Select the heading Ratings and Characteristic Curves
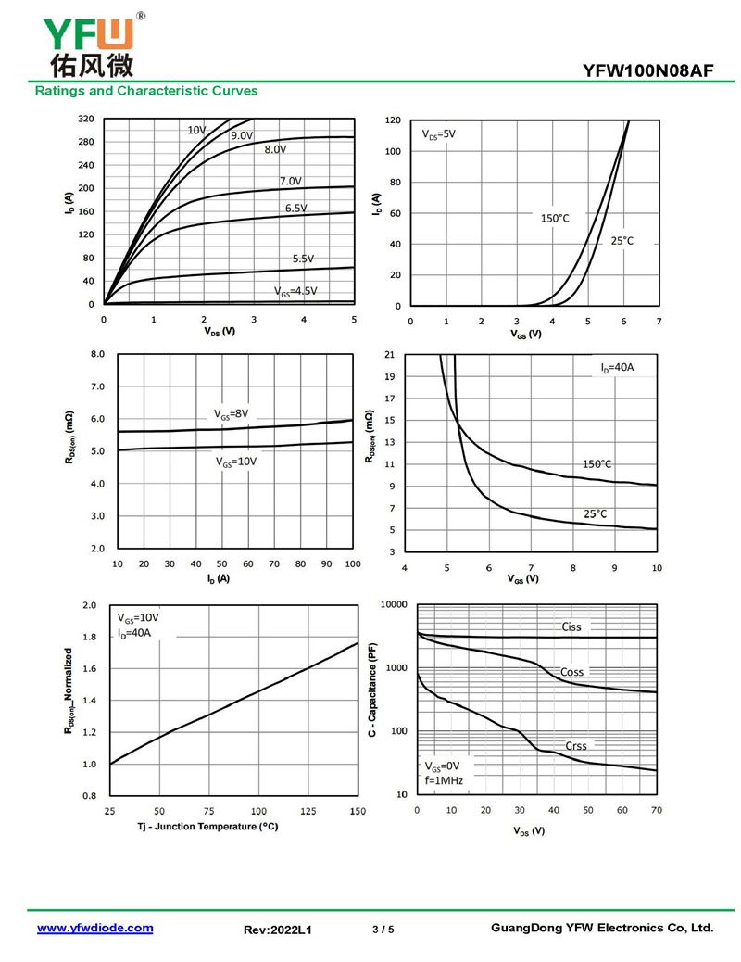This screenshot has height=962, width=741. pos(146,91)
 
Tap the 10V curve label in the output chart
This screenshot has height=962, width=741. pos(196,131)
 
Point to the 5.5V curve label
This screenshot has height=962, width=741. pos(303,259)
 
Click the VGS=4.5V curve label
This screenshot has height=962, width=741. pos(295,291)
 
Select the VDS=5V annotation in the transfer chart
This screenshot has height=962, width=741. pos(439,134)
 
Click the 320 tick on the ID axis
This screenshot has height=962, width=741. pos(86,120)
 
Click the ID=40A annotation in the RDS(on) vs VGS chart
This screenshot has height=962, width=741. pos(616,368)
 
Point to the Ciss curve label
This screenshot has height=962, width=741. pos(571,627)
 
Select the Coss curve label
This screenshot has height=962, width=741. pos(572,672)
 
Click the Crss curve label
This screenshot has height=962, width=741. pos(576,746)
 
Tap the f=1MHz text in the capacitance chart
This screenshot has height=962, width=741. pos(444,781)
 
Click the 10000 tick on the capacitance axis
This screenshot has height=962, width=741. pos(395,605)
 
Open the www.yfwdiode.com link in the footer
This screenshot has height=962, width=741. pos(94,928)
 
